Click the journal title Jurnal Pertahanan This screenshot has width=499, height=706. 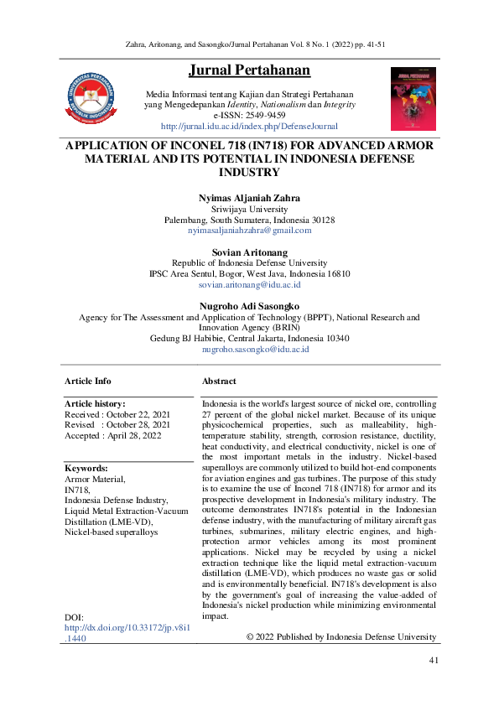point(249,70)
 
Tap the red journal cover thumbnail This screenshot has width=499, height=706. point(413,99)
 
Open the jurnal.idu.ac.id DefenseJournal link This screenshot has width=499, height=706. point(249,127)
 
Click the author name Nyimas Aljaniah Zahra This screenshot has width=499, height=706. point(249,198)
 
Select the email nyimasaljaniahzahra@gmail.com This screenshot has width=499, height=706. point(249,230)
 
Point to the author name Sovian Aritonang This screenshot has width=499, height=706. point(249,252)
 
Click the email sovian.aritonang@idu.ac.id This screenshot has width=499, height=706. point(249,284)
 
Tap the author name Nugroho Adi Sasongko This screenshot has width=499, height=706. point(249,306)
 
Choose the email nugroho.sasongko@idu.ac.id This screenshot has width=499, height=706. point(249,349)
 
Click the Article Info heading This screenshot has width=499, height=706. point(88,382)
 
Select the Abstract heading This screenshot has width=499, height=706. point(219,382)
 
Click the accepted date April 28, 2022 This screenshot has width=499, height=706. point(138,436)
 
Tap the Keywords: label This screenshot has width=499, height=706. point(86,468)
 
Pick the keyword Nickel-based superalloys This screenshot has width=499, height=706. point(111,532)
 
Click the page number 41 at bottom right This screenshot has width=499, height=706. point(434,661)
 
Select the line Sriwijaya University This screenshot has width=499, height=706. point(249,209)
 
